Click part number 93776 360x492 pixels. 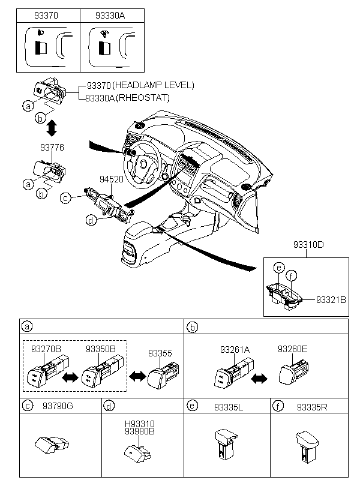pos(52,147)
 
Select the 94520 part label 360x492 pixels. pos(112,179)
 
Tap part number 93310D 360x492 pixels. pos(308,244)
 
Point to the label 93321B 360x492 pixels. pos(331,300)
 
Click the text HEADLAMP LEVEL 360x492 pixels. pos(153,85)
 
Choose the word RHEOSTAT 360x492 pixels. pos(143,98)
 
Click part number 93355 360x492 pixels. pos(160,353)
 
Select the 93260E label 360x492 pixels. pos(293,349)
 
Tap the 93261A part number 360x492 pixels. pos(235,350)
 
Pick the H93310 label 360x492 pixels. pos(140,424)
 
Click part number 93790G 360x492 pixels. pos(58,406)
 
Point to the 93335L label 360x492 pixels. pos(229,407)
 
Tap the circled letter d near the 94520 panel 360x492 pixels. pos(91,221)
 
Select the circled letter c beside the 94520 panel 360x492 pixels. pos(65,198)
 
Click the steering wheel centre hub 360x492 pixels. pos(144,164)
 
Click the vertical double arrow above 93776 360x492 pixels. pos(52,128)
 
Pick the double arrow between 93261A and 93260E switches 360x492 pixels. pos(259,379)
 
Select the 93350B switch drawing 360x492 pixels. pos(103,372)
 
